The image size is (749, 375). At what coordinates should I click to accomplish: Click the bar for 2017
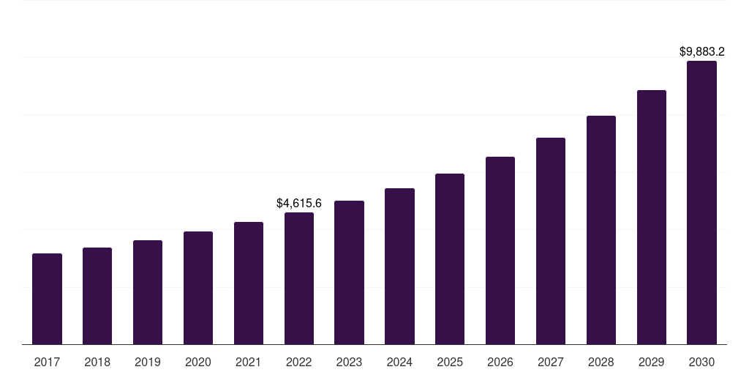tap(47, 299)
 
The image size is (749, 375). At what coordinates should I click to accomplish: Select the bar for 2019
tap(148, 292)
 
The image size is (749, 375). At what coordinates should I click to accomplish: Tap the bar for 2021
tap(249, 283)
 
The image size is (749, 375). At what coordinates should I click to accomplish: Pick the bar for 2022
tap(299, 278)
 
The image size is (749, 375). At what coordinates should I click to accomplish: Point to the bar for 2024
tap(399, 267)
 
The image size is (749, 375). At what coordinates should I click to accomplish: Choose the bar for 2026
tap(500, 250)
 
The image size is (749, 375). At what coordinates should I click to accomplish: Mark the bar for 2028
tap(601, 230)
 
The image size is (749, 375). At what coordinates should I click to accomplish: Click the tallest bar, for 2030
tap(701, 203)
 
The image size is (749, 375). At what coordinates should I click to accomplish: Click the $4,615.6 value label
tap(299, 204)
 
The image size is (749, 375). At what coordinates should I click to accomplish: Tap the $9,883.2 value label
tap(701, 52)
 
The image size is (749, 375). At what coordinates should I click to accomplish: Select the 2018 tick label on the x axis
tap(97, 363)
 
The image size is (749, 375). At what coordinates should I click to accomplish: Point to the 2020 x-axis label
tap(197, 363)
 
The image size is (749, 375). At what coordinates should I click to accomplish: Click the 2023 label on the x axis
tap(349, 363)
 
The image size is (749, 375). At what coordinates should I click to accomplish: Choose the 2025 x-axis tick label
tap(450, 363)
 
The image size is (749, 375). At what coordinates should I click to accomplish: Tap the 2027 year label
tap(551, 363)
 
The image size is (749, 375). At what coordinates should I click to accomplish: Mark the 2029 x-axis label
tap(652, 363)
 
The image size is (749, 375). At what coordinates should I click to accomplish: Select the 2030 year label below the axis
tap(701, 363)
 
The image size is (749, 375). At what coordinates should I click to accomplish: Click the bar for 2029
tap(652, 217)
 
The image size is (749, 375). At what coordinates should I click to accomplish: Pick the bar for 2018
tap(97, 296)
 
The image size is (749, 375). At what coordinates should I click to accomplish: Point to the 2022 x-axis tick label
tap(299, 363)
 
